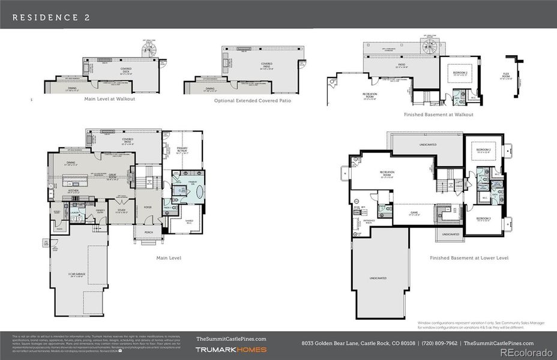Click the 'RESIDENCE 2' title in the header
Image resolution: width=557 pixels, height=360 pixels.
(x=52, y=17)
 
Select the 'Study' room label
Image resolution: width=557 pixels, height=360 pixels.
(x=121, y=211)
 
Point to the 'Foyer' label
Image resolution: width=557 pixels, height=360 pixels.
(x=148, y=207)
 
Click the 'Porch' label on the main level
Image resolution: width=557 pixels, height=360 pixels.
(x=148, y=233)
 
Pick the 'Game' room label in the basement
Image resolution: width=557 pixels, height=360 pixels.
(x=414, y=213)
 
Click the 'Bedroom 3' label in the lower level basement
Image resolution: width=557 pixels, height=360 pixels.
(x=484, y=219)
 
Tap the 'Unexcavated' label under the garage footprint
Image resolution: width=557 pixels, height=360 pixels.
(x=378, y=278)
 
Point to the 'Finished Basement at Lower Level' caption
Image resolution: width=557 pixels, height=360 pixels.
(x=469, y=258)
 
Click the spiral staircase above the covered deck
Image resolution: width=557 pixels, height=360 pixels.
(x=148, y=51)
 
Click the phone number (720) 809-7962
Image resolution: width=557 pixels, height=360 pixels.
(x=441, y=343)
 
